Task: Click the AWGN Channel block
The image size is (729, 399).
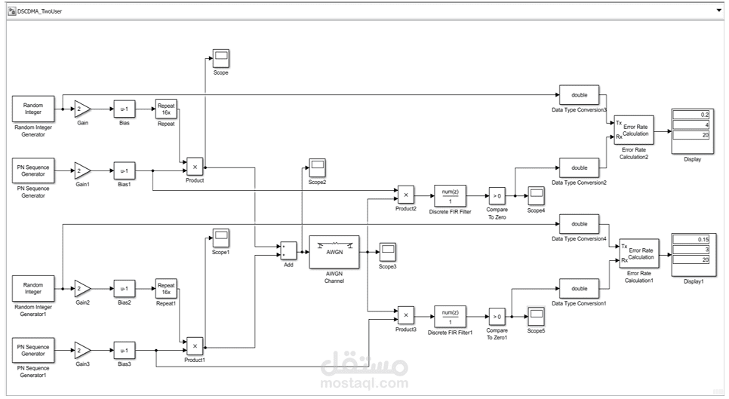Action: pos(334,252)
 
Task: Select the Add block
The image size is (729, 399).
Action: pos(288,251)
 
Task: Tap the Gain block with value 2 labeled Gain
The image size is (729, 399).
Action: pos(82,109)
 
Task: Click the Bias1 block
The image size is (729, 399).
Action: pos(125,170)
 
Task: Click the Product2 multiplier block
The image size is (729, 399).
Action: pos(406,195)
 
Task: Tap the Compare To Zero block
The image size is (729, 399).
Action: pos(497,195)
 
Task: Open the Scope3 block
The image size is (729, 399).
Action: pos(387,251)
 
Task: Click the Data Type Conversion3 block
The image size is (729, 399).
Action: pos(579,95)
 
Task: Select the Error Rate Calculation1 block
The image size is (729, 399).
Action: pos(638,253)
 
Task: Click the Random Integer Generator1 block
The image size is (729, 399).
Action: pos(32,288)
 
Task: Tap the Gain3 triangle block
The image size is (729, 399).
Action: pos(82,350)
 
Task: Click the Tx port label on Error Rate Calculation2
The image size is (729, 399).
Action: pos(620,122)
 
